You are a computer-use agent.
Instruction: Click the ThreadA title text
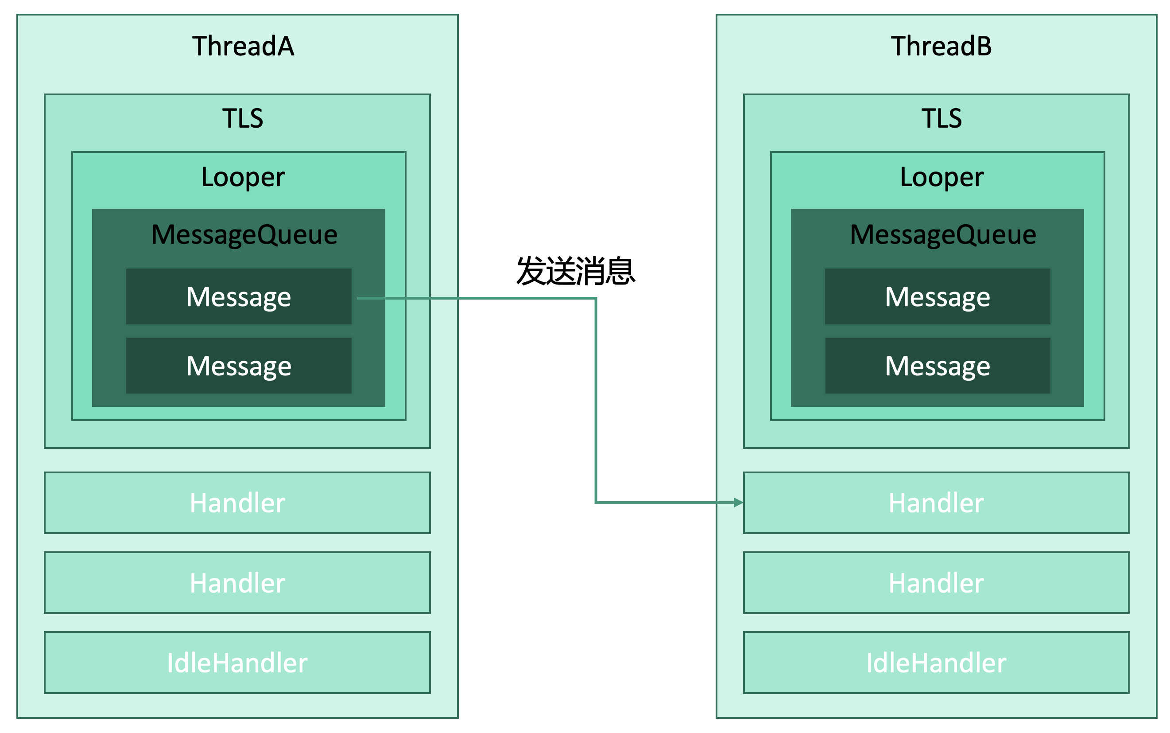tap(243, 47)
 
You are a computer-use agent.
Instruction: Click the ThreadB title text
tap(941, 47)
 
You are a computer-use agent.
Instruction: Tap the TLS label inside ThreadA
tap(242, 118)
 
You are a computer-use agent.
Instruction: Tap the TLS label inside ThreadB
tap(941, 118)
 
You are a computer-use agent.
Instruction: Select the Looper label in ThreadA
tap(243, 177)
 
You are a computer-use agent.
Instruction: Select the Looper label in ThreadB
tap(941, 177)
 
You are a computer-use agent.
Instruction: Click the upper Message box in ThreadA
tap(238, 296)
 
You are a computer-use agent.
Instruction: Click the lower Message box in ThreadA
tap(238, 366)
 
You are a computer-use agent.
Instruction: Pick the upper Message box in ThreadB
tap(937, 296)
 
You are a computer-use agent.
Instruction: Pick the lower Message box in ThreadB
tap(937, 366)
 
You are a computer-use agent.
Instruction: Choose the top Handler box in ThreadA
tap(237, 503)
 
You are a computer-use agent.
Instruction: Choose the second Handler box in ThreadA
tap(237, 582)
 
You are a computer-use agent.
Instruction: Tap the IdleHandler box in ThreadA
tap(237, 662)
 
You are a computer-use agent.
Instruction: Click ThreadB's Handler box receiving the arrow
tap(936, 503)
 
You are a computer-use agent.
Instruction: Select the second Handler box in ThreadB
tap(936, 582)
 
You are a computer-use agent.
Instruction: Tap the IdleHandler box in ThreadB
tap(936, 662)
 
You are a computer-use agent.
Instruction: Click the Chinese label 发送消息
tap(575, 271)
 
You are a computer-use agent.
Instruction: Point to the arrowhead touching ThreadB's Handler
tap(738, 503)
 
